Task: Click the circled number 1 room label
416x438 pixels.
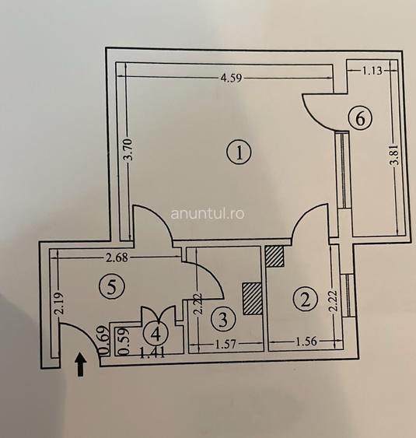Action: (x=239, y=152)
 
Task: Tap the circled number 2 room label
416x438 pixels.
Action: (x=306, y=300)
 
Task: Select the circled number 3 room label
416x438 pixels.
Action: (x=223, y=319)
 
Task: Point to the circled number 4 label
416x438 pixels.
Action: (x=156, y=333)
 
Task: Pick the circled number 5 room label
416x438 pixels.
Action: (x=112, y=287)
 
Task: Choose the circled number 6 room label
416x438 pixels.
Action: (x=361, y=118)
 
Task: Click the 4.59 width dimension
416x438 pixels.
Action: (x=231, y=77)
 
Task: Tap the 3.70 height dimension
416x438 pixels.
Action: (x=128, y=149)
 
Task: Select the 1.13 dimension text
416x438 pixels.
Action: (x=372, y=70)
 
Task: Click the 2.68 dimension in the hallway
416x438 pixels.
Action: (x=117, y=258)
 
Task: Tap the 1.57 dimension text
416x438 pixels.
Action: (x=225, y=345)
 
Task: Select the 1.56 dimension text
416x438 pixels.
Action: (x=306, y=341)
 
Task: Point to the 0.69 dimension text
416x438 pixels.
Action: (x=103, y=340)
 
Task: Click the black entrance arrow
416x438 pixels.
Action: (x=81, y=364)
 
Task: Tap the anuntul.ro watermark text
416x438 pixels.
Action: (x=208, y=214)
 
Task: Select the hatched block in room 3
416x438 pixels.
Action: (x=253, y=299)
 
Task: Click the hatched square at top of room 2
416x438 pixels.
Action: (x=274, y=256)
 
